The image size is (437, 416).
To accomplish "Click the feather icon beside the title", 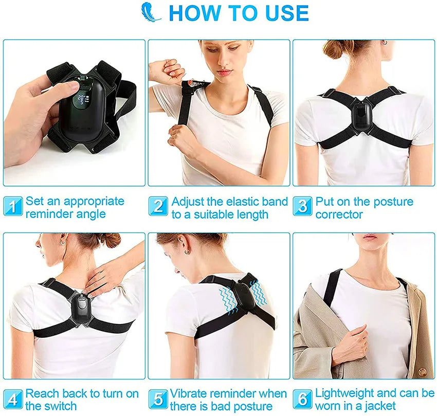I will point(152,13).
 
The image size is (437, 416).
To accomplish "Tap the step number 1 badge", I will point(13,207).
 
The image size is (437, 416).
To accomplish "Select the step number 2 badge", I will point(158,207).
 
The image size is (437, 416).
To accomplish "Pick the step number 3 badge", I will point(303,207).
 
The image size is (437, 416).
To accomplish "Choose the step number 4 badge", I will point(13,400).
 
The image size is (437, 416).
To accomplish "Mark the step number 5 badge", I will point(158,400).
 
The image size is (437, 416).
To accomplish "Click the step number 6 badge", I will point(303,400).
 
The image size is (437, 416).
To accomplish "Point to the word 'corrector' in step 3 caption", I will point(339,214).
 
